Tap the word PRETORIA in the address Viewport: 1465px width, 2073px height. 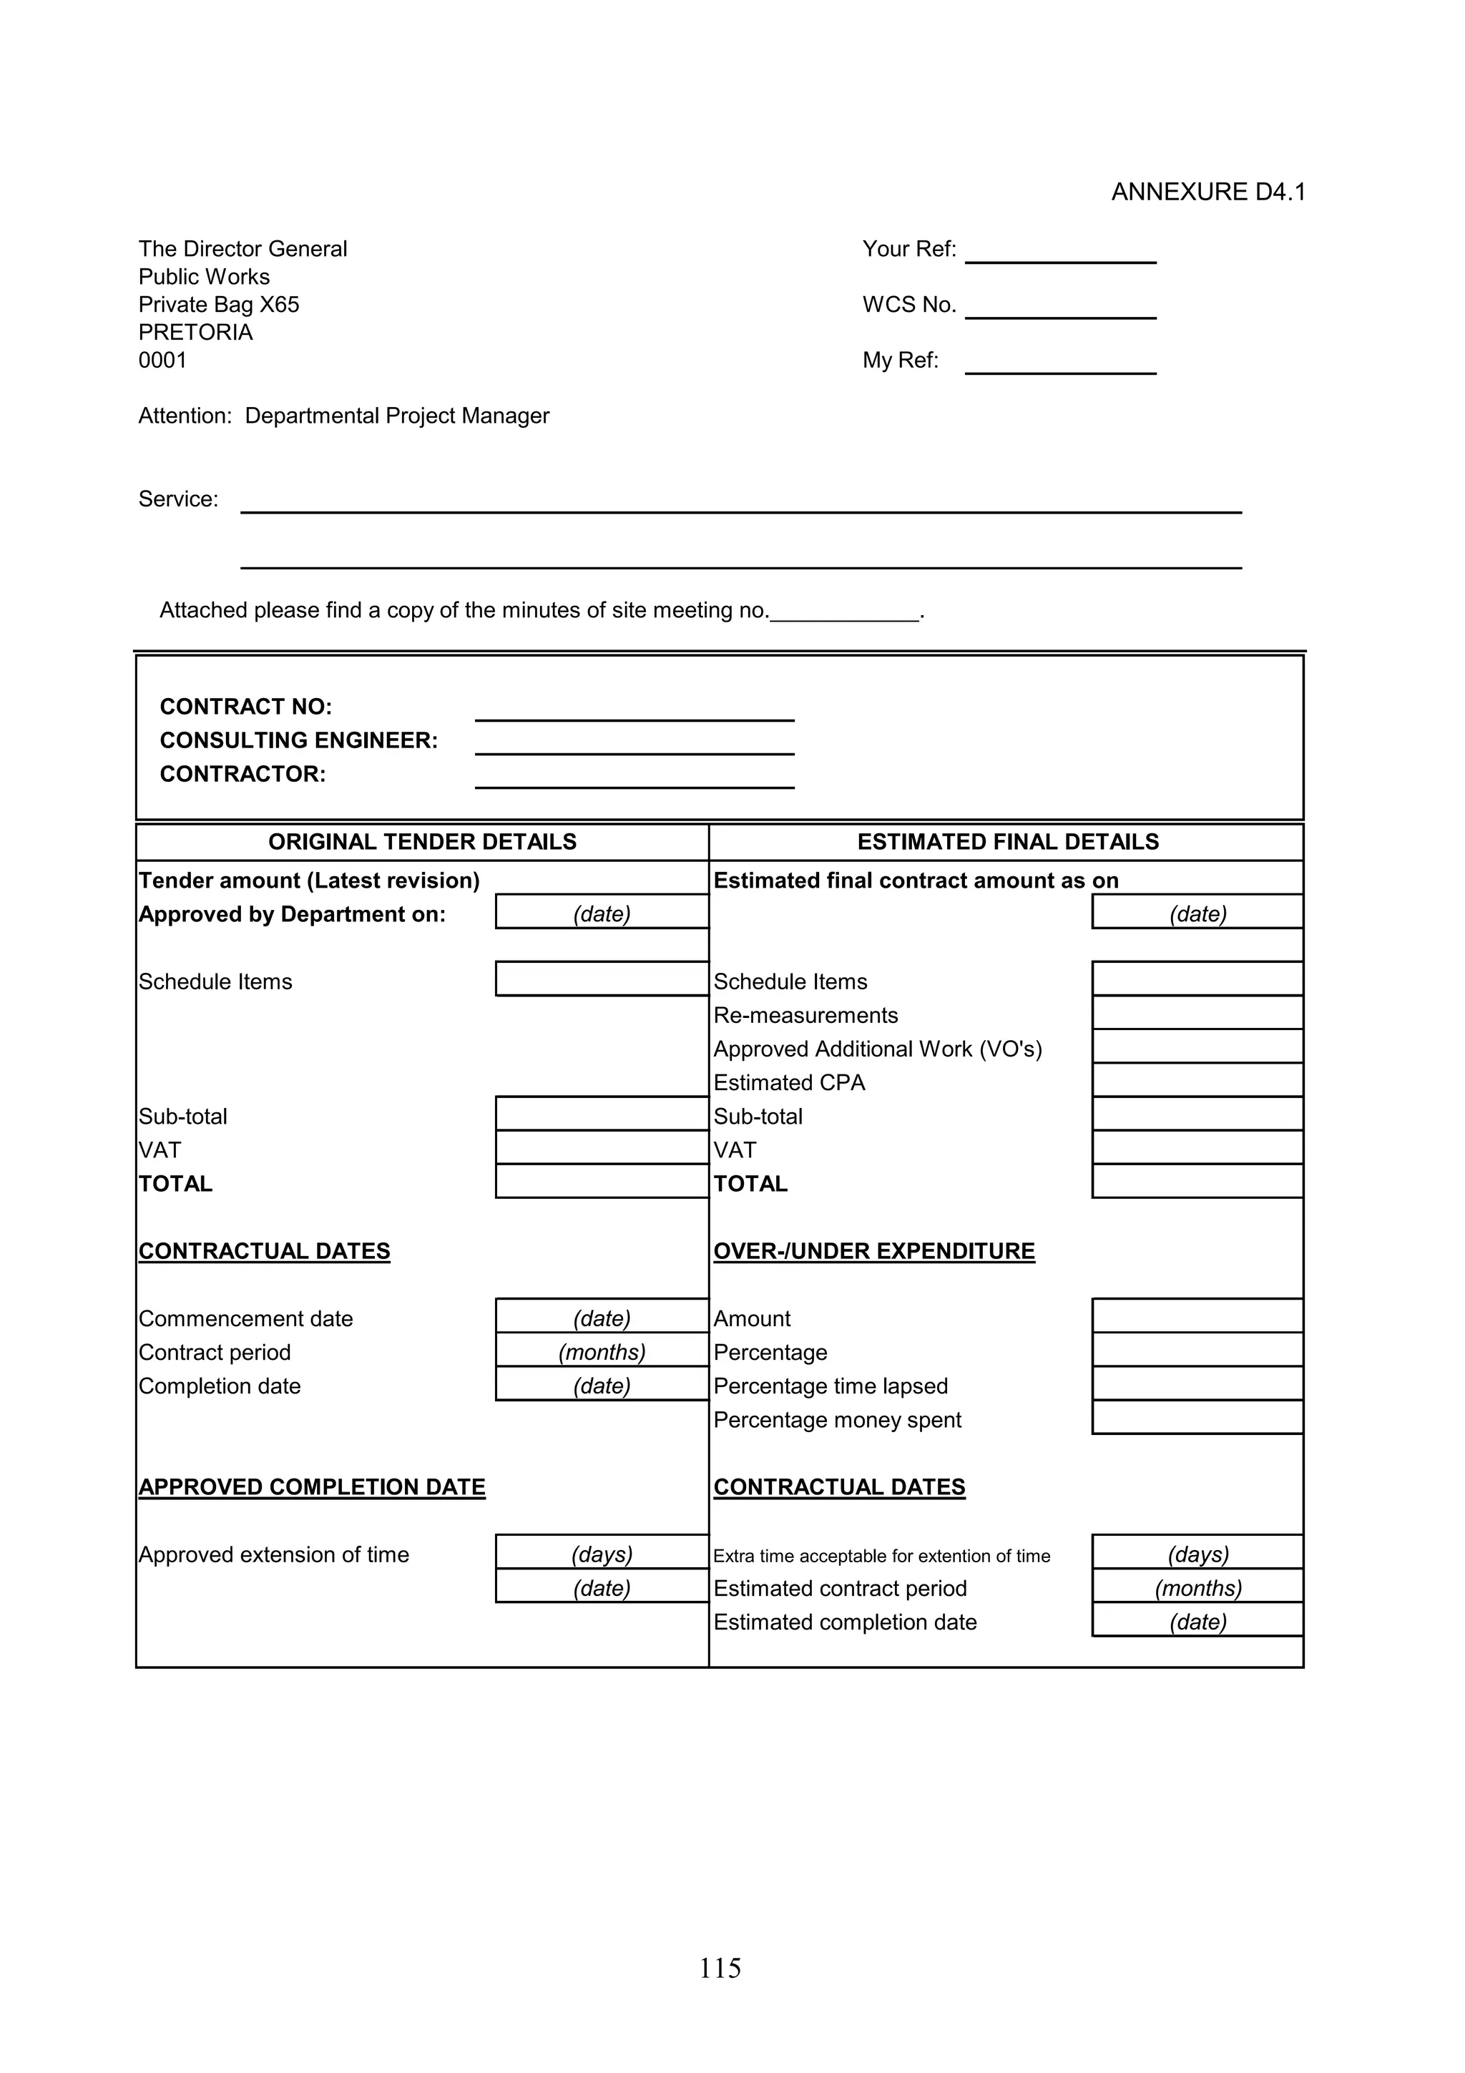tap(195, 332)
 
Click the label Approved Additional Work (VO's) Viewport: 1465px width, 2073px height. tap(878, 1049)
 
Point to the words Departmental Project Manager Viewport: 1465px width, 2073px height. tap(397, 416)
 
